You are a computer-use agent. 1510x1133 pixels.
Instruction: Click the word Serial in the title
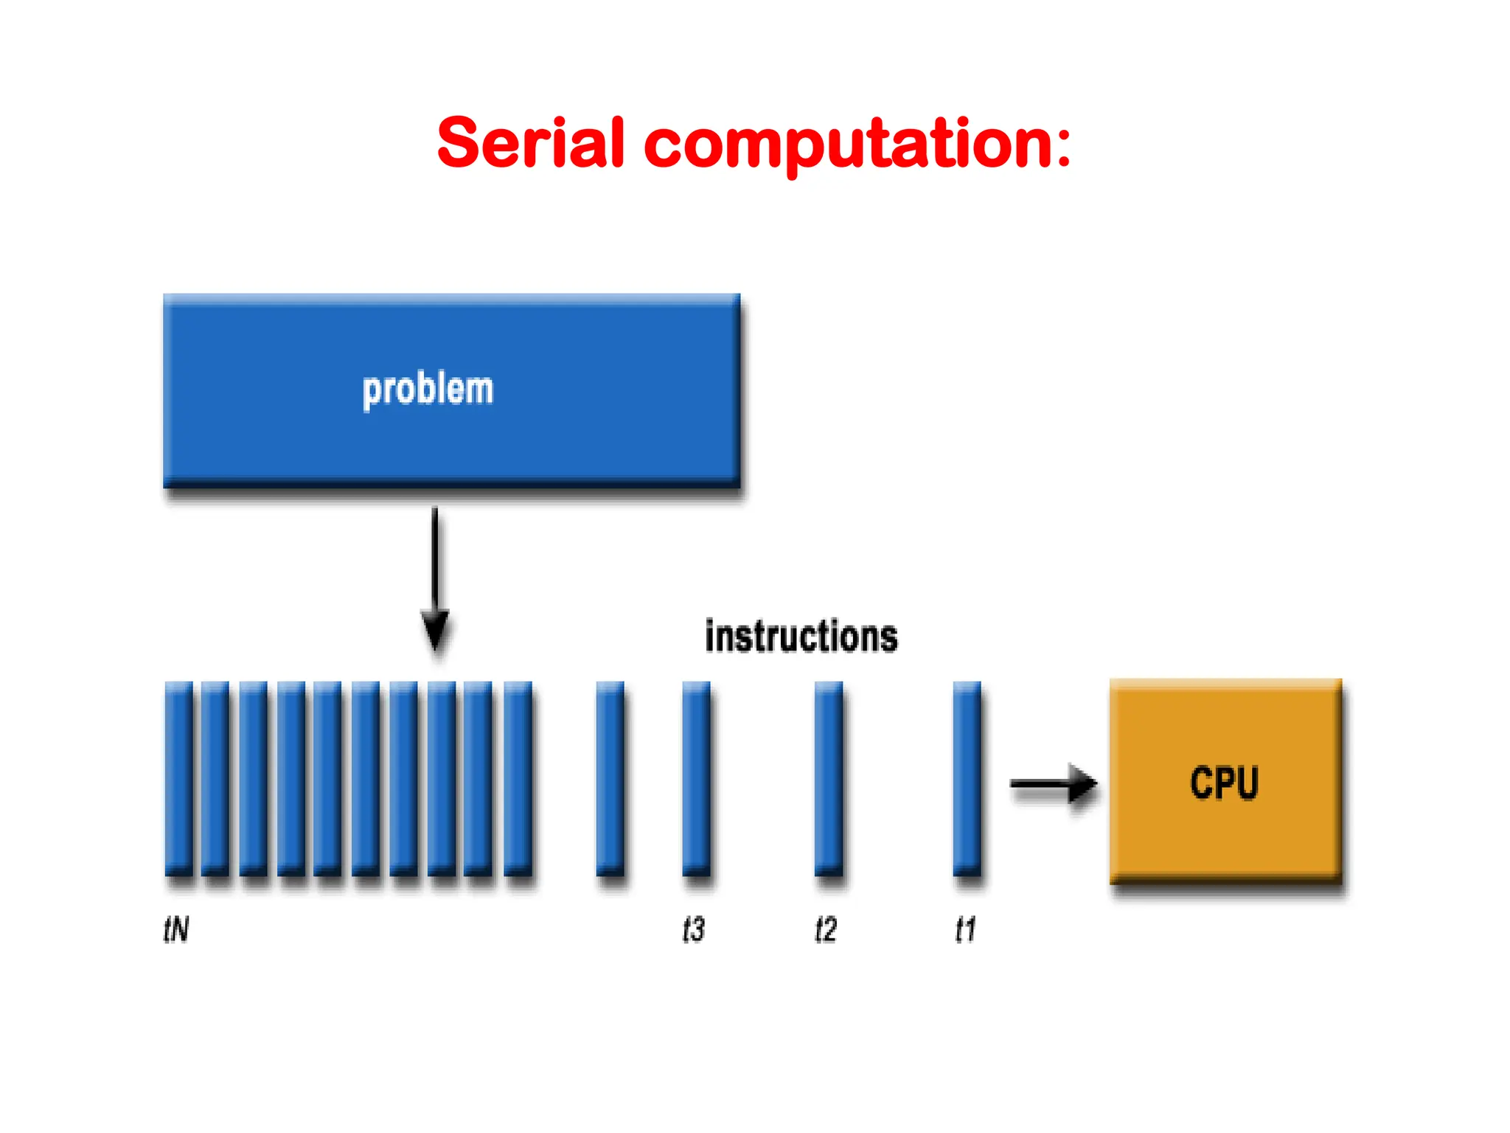point(531,144)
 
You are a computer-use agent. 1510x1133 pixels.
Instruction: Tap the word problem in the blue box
point(428,389)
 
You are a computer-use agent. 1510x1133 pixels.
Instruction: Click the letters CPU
point(1224,783)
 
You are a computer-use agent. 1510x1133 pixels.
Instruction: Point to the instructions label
point(801,637)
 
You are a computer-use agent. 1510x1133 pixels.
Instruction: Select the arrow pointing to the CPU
point(1053,783)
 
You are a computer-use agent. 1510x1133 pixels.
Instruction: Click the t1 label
point(965,929)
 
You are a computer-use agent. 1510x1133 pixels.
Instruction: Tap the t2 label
point(825,929)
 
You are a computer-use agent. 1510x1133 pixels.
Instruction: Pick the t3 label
point(693,929)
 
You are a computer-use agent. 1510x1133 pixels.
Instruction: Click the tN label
point(176,929)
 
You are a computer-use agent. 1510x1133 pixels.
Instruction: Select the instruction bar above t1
point(967,778)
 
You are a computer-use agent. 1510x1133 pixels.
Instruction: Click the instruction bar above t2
point(828,778)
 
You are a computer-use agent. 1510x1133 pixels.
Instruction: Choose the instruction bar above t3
point(696,778)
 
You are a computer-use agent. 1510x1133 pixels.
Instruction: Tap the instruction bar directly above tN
point(178,778)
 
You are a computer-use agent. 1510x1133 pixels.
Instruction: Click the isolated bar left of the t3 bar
point(610,778)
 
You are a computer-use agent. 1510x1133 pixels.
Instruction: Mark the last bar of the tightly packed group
point(518,778)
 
